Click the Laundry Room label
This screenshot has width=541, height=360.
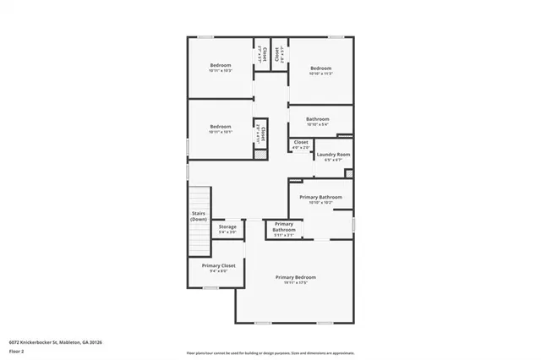[332, 155]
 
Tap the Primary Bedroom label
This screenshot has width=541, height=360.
[295, 277]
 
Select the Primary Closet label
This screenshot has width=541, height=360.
[212, 265]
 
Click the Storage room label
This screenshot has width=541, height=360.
[227, 226]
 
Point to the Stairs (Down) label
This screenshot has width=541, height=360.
[199, 216]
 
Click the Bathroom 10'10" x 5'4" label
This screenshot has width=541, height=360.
[318, 119]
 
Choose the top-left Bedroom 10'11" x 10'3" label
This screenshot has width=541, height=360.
[220, 65]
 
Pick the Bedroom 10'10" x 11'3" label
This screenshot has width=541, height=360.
[320, 68]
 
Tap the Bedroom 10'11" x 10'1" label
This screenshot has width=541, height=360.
[220, 126]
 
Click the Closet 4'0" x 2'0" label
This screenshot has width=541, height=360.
[301, 142]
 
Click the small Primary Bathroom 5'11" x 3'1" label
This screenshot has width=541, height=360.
[284, 226]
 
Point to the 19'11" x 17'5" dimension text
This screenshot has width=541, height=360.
[295, 282]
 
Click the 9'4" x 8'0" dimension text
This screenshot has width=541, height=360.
[212, 270]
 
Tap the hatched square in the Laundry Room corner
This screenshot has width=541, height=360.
[349, 173]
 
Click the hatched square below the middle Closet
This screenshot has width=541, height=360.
[261, 155]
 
